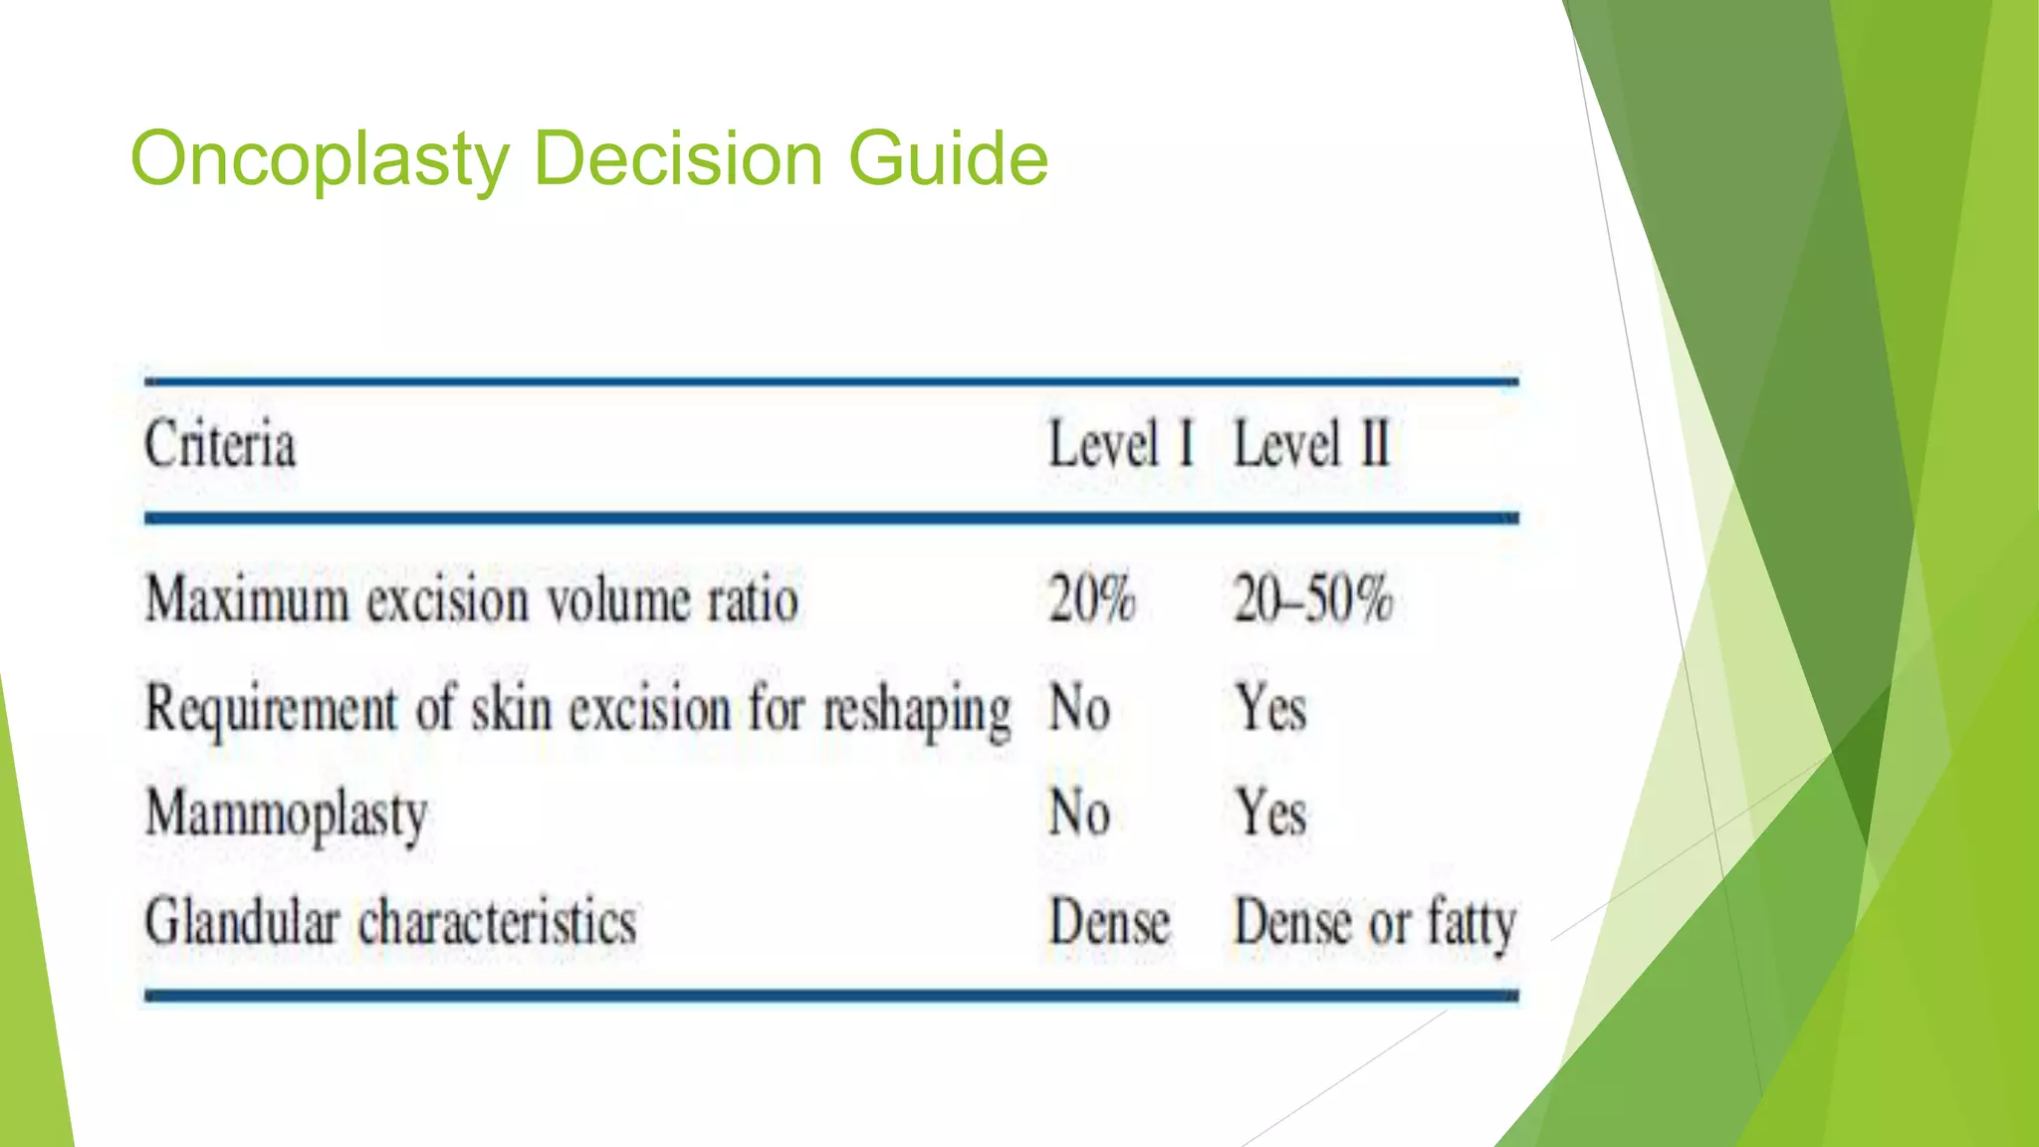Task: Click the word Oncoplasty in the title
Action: (x=320, y=159)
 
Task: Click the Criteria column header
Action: (x=220, y=444)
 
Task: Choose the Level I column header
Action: (x=1121, y=444)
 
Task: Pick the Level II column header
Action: (x=1311, y=444)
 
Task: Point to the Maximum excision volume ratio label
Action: (x=472, y=600)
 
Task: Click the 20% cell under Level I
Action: (x=1091, y=600)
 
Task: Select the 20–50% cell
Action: (x=1312, y=600)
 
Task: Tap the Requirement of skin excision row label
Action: (x=577, y=710)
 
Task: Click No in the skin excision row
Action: (x=1079, y=710)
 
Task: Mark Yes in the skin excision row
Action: (x=1270, y=710)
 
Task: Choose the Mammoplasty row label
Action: (x=287, y=814)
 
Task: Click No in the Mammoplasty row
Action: (x=1079, y=812)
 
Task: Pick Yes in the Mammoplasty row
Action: (x=1270, y=812)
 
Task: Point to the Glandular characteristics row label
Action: (x=390, y=922)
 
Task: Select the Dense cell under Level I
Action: (x=1110, y=922)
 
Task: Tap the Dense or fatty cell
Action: (x=1375, y=922)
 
